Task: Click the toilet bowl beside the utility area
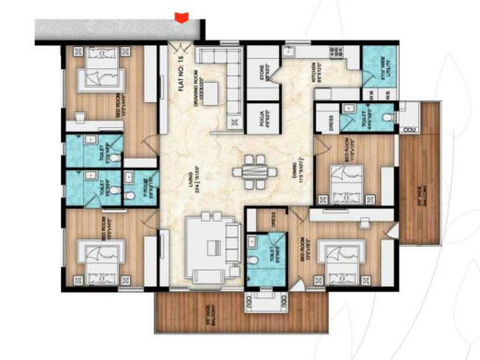coord(394,119)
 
